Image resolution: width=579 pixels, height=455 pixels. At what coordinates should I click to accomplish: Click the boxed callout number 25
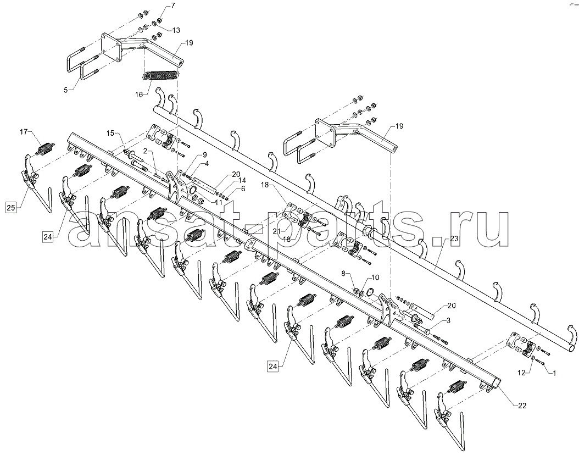11,208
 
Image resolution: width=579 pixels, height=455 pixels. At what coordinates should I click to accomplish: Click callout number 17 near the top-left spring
24,131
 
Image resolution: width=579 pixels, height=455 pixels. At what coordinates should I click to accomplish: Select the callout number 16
139,95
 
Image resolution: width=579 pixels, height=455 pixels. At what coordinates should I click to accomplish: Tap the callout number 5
66,90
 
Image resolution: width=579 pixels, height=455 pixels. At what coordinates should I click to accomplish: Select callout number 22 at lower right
522,406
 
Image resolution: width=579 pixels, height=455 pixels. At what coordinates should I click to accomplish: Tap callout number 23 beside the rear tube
454,238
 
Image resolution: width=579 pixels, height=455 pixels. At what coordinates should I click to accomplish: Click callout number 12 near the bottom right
521,373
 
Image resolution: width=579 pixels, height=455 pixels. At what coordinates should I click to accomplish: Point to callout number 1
554,373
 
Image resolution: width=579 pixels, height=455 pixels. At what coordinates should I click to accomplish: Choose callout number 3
448,320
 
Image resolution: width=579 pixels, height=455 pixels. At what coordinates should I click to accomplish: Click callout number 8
343,274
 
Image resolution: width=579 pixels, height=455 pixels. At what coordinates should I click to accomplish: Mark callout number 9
204,155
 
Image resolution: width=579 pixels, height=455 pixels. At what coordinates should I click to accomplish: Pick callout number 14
242,181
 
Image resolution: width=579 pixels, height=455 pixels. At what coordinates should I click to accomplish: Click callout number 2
146,151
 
